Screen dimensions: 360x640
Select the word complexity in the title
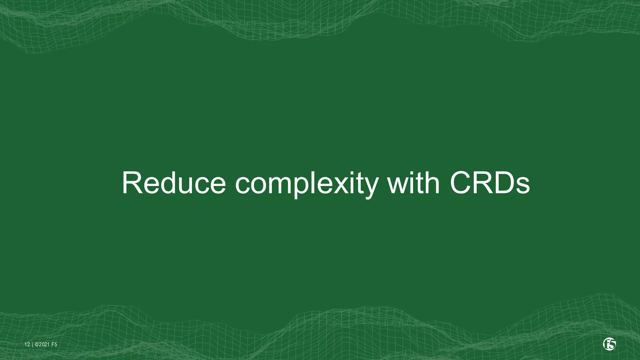306,184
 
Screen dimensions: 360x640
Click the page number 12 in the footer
27,345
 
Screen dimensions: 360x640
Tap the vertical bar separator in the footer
32,345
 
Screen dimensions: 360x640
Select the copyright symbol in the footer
37,345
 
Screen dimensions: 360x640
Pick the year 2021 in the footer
44,345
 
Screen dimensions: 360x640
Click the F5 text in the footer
54,345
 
